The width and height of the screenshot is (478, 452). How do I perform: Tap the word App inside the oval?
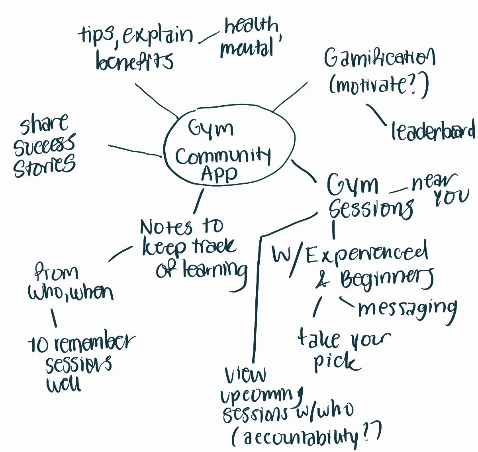tap(219, 174)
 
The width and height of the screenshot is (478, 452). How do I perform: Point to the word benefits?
tap(135, 62)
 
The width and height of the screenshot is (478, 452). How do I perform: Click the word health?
tap(251, 26)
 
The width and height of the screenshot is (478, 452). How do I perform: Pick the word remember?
tap(94, 343)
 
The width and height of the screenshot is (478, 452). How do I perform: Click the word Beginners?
tap(386, 279)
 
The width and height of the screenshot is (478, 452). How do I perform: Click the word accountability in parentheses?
tap(301, 437)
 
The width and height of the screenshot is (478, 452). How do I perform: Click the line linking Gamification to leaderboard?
tap(376, 115)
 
